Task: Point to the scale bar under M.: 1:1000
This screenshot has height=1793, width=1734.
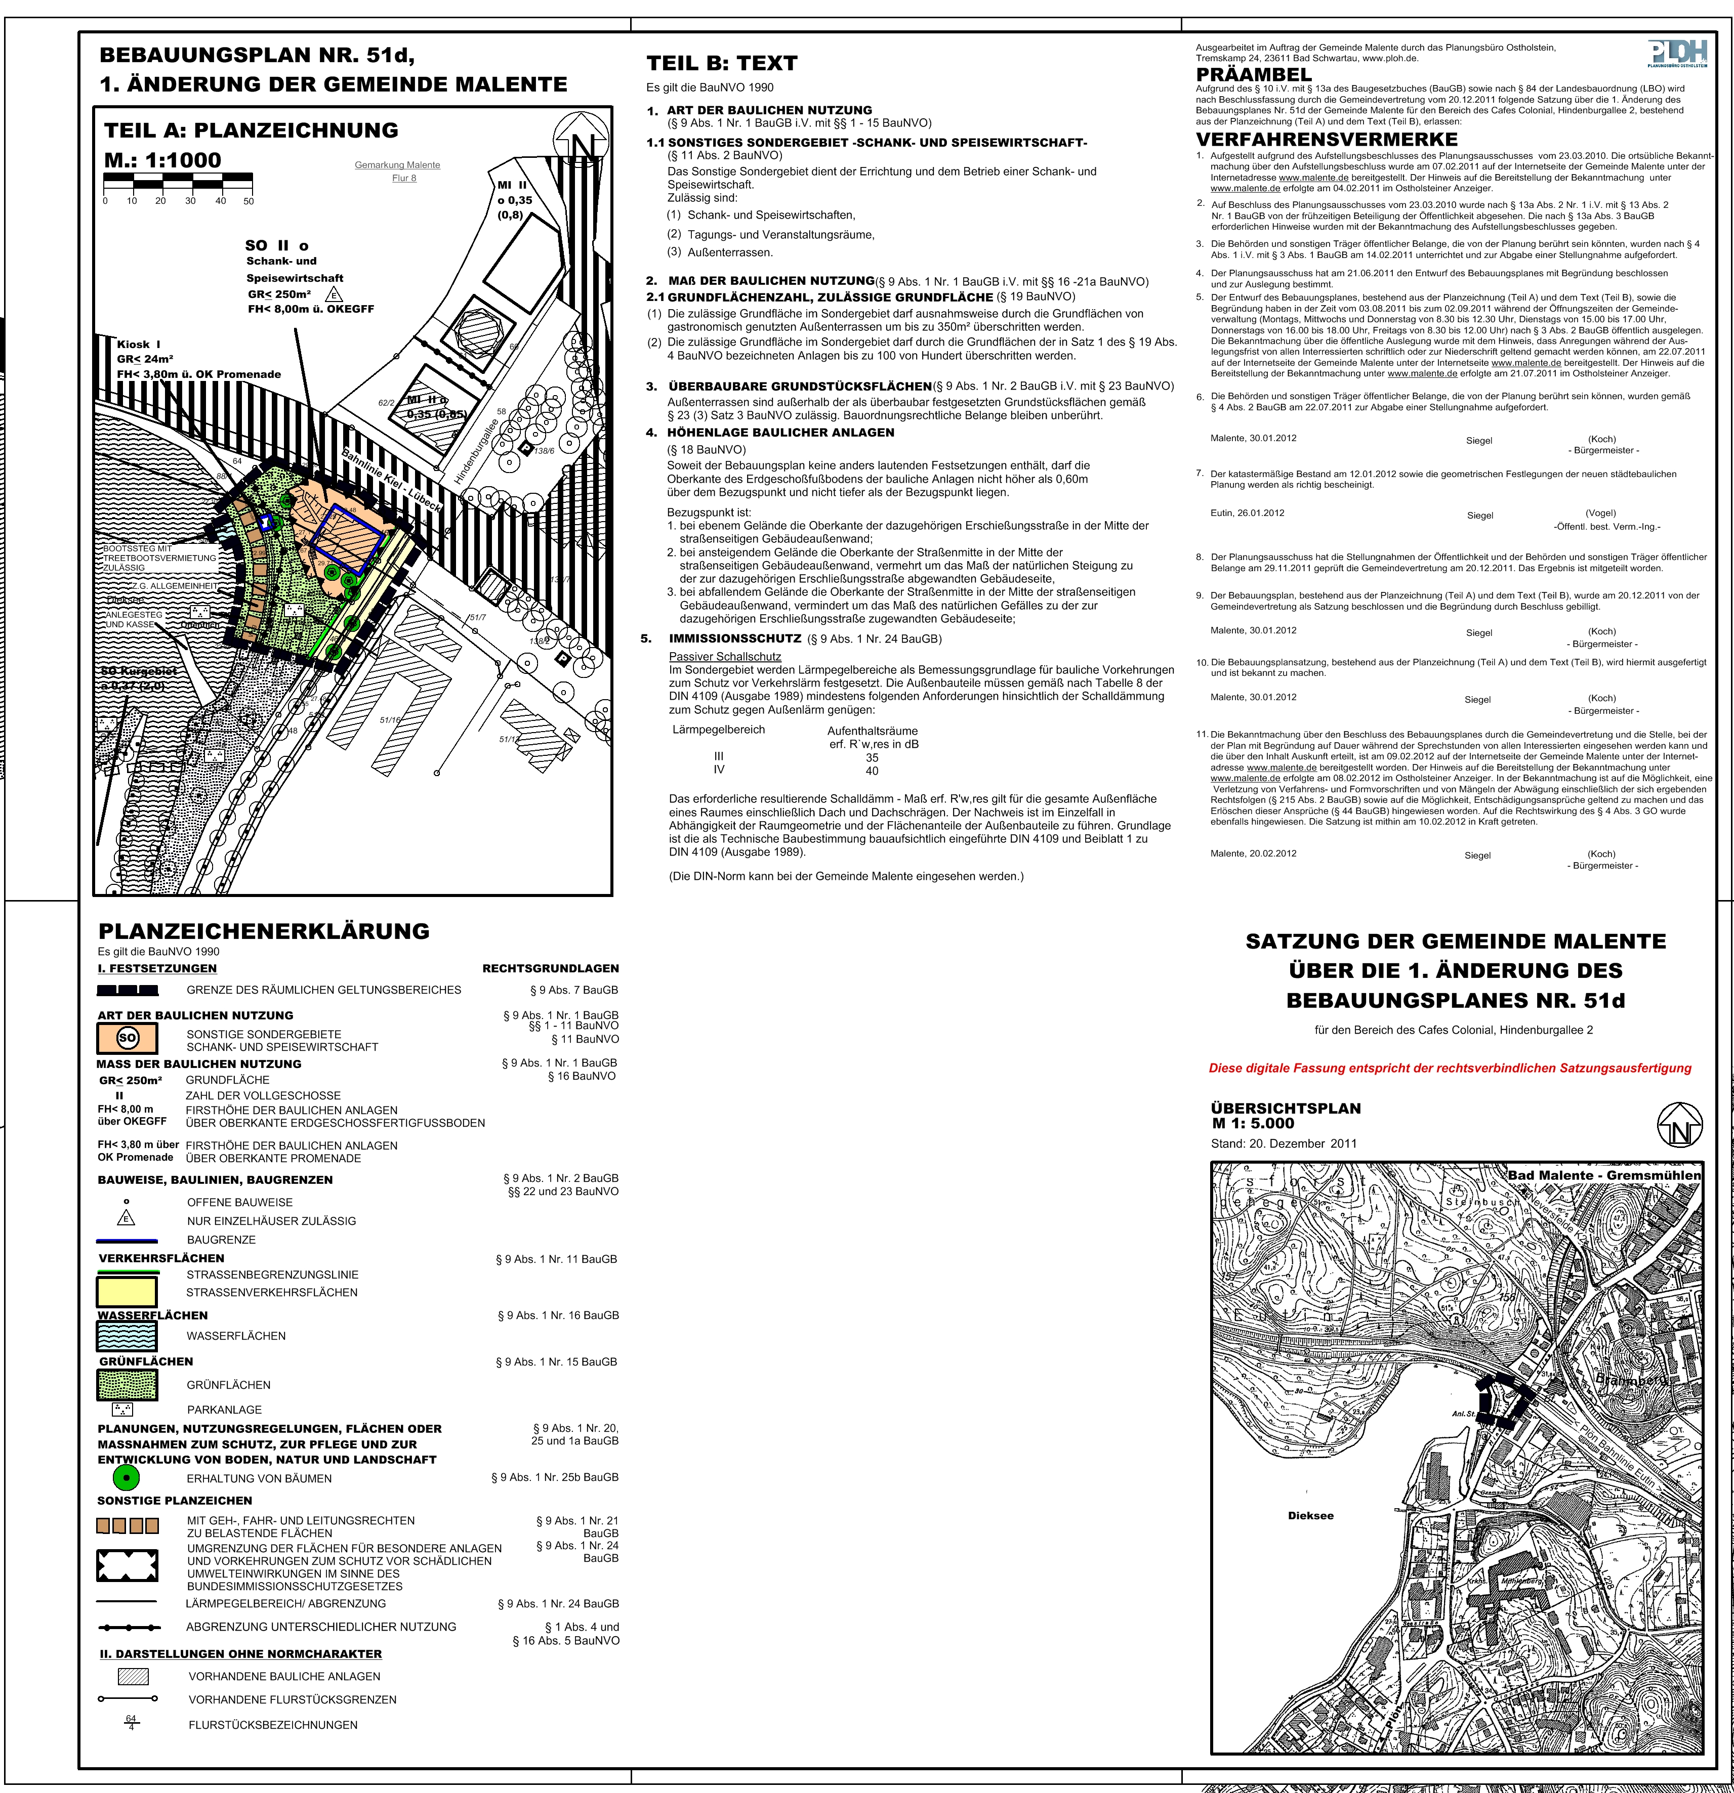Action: (x=179, y=180)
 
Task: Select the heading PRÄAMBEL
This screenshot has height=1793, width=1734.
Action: (x=1254, y=74)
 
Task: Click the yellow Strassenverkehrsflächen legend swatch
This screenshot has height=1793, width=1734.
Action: (x=127, y=1291)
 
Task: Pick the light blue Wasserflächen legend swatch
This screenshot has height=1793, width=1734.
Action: (x=127, y=1336)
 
